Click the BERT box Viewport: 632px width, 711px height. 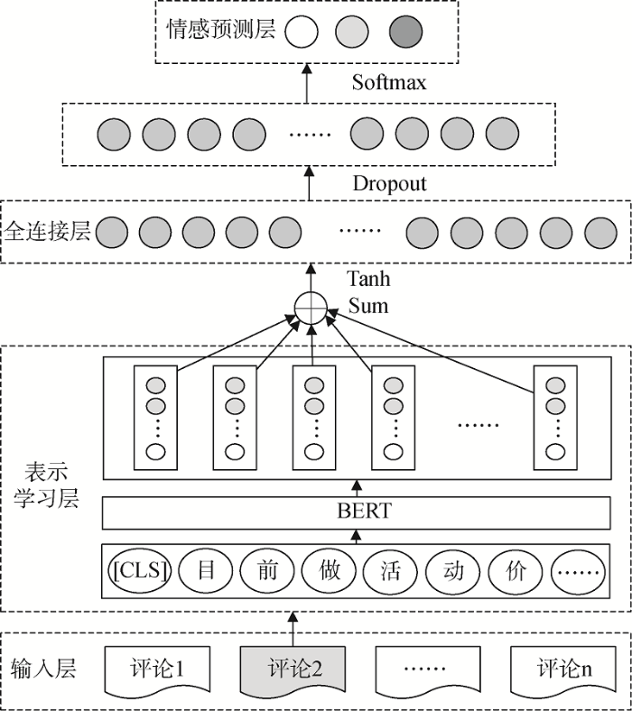tap(366, 512)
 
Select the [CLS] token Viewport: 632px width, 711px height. tap(142, 569)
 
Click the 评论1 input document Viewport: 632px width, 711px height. tap(158, 669)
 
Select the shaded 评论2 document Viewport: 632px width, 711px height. tap(294, 669)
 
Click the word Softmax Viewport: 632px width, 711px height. tap(388, 83)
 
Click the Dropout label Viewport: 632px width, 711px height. tap(390, 184)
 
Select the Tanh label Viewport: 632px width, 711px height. tap(368, 281)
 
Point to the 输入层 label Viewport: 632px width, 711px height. tap(43, 669)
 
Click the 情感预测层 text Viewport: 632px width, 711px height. tap(221, 31)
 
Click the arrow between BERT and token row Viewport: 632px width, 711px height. tap(356, 536)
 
